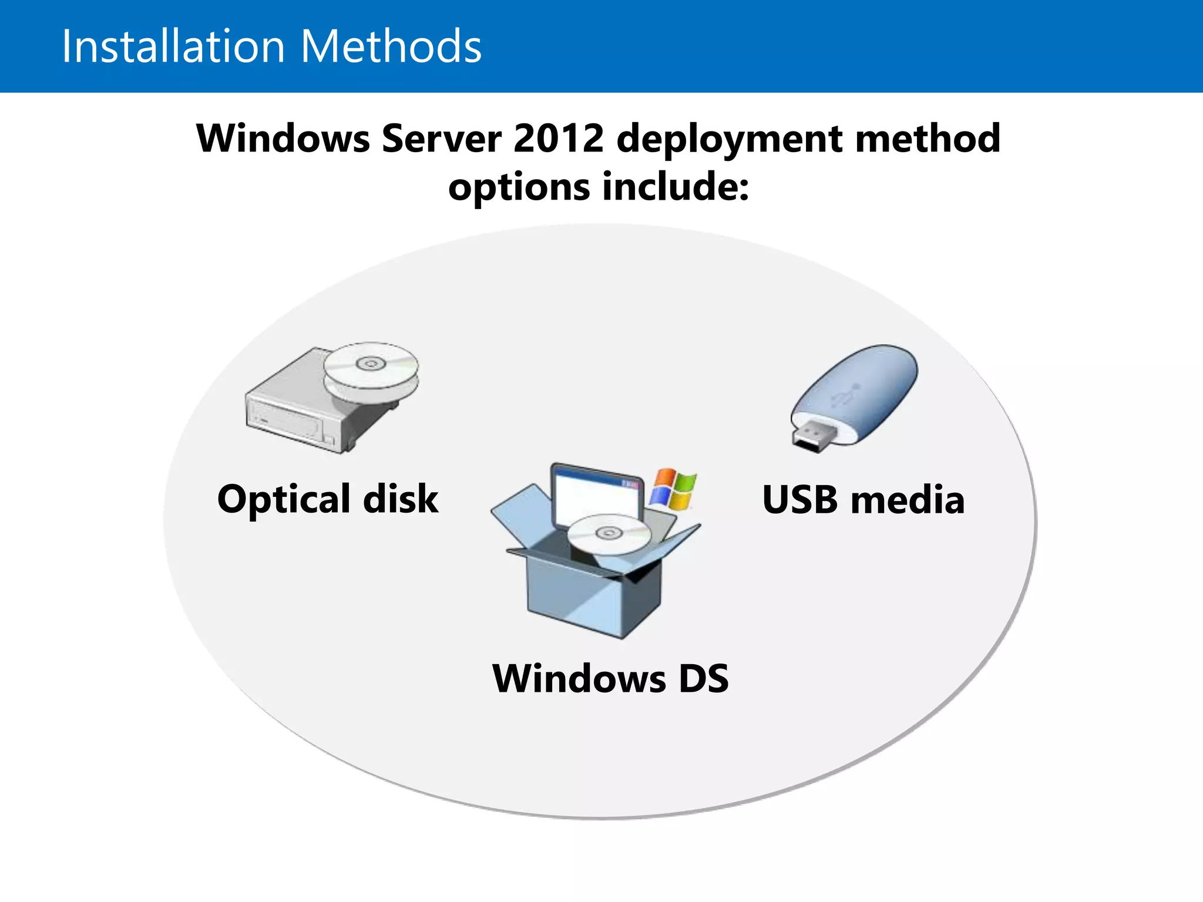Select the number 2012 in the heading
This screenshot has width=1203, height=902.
(x=558, y=139)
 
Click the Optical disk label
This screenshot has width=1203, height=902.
(x=328, y=499)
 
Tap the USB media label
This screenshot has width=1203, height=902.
(x=863, y=500)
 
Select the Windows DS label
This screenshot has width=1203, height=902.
(x=610, y=678)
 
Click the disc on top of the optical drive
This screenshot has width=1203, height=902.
(x=371, y=365)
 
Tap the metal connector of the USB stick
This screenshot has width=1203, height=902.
(x=814, y=436)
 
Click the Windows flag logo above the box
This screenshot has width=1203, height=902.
(x=673, y=489)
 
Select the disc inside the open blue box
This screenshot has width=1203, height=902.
(x=609, y=533)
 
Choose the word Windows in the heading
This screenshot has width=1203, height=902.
(x=283, y=139)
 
